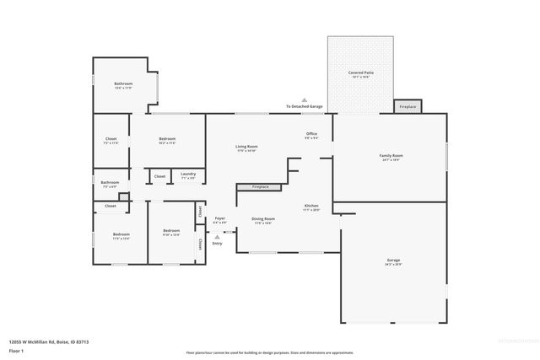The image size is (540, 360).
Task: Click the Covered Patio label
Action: pyautogui.click(x=361, y=74)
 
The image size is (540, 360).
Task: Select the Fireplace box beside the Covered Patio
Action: pyautogui.click(x=408, y=107)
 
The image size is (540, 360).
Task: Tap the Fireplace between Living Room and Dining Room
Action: pyautogui.click(x=260, y=186)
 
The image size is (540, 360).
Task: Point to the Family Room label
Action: pyautogui.click(x=391, y=156)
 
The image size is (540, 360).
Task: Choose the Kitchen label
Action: pyautogui.click(x=311, y=206)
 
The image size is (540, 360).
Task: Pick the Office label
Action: pyautogui.click(x=311, y=134)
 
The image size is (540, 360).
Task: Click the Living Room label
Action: pyautogui.click(x=246, y=147)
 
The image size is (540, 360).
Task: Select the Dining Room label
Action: pyautogui.click(x=264, y=219)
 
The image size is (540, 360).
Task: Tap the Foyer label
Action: pyautogui.click(x=219, y=218)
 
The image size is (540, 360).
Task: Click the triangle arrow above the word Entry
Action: pyautogui.click(x=218, y=238)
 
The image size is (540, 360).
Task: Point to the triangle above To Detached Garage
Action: pyautogui.click(x=305, y=99)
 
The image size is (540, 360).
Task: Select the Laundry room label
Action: pyautogui.click(x=188, y=174)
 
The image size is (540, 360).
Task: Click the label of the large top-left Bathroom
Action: pyautogui.click(x=124, y=83)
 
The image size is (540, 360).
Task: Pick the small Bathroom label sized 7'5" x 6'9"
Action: pyautogui.click(x=110, y=182)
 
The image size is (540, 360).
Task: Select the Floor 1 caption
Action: pyautogui.click(x=17, y=352)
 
